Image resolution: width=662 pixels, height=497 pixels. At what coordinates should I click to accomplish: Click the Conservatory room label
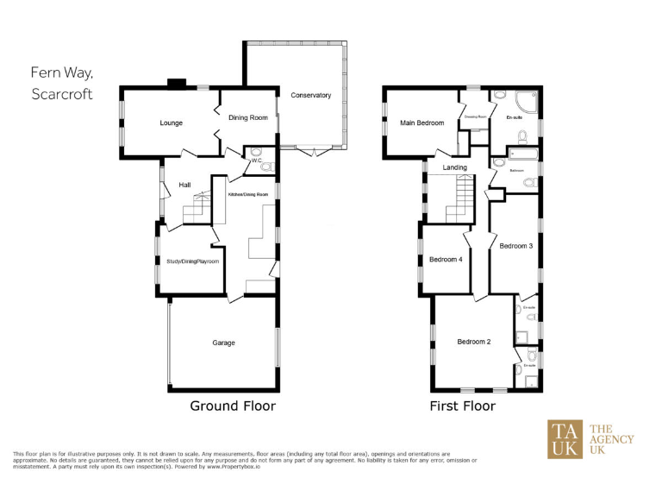[x=310, y=96]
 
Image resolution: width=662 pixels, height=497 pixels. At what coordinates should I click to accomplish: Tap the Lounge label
[x=171, y=123]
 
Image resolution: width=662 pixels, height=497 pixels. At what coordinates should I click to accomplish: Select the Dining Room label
[x=247, y=117]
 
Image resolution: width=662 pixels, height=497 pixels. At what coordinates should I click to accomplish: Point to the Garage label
[x=224, y=343]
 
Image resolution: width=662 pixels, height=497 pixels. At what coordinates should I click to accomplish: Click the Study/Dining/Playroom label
[x=192, y=261]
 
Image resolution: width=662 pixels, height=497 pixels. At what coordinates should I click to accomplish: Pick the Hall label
[x=184, y=185]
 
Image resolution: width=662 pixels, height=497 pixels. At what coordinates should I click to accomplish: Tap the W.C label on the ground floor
[x=256, y=159]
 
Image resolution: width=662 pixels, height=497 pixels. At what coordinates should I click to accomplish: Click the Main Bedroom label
[x=422, y=123]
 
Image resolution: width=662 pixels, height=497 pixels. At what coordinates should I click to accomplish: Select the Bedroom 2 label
[x=473, y=342]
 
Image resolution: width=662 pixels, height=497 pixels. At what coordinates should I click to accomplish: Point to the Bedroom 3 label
[x=516, y=246]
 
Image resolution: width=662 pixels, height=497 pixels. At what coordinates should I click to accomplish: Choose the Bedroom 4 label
[x=446, y=260]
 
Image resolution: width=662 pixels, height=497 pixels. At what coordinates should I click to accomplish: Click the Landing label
[x=454, y=167]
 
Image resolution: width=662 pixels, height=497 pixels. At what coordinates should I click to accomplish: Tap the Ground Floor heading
[x=233, y=406]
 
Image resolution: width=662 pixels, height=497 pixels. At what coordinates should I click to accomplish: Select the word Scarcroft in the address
[x=61, y=92]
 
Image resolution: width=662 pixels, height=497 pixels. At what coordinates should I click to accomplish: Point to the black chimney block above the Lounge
[x=177, y=84]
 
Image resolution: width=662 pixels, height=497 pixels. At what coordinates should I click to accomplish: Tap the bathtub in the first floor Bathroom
[x=522, y=155]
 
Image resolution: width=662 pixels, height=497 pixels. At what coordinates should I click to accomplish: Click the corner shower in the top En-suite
[x=528, y=100]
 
